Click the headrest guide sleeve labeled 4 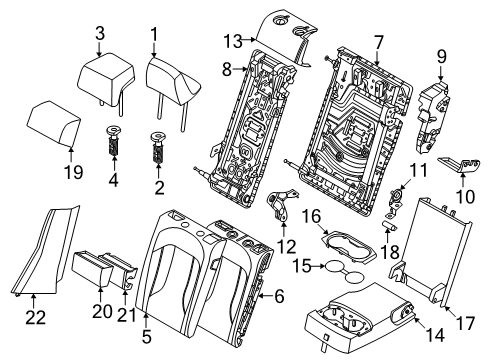coord(113,145)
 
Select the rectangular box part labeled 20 coord(98,269)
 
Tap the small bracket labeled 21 coord(127,271)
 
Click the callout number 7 coord(378,41)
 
